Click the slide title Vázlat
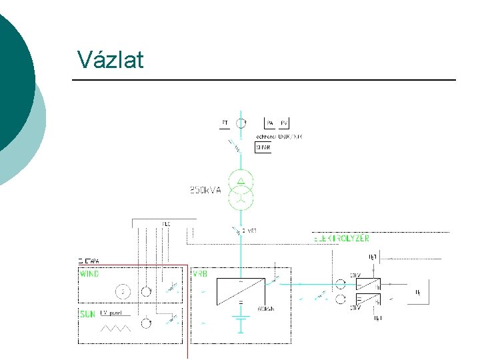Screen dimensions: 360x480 click(x=110, y=59)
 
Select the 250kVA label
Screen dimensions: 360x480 click(x=206, y=189)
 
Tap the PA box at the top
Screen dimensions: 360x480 click(x=270, y=123)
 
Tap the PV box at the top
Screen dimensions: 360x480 click(x=285, y=123)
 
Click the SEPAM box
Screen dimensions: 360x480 click(x=263, y=147)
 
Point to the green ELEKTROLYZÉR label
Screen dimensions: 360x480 click(x=341, y=238)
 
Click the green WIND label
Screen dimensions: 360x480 click(x=89, y=274)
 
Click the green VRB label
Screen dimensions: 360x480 click(x=199, y=274)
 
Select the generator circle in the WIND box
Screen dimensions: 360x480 click(x=122, y=291)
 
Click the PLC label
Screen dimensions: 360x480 click(x=166, y=223)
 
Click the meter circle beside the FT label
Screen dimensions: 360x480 click(x=241, y=123)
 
